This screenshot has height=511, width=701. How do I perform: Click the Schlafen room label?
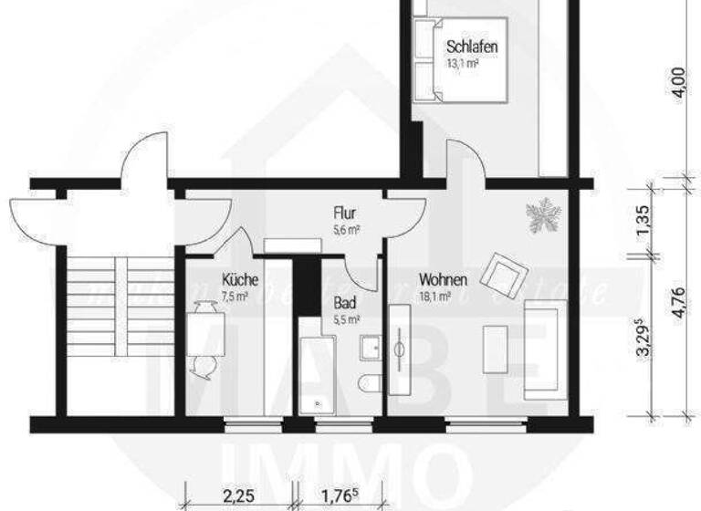[471, 47]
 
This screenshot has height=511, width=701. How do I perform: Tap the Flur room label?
[344, 215]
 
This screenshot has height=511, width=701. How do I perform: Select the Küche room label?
[239, 280]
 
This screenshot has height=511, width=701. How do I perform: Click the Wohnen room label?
[444, 279]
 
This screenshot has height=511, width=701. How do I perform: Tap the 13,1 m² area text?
[464, 64]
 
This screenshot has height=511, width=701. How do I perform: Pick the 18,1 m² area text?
[436, 296]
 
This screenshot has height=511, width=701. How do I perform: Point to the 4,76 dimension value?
[676, 299]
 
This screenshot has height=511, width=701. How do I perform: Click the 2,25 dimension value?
[238, 496]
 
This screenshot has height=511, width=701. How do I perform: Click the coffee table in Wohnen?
[496, 348]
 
